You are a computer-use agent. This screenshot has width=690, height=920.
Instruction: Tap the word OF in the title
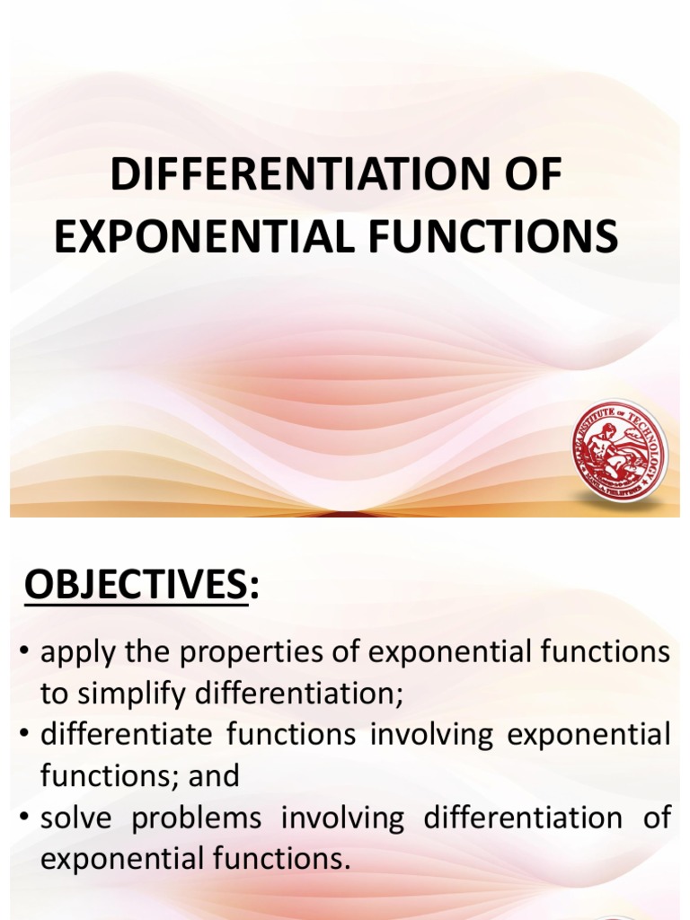point(530,174)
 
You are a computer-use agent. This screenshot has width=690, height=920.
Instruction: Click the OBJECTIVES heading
point(135,587)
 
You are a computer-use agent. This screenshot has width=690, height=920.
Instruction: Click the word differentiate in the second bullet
point(125,735)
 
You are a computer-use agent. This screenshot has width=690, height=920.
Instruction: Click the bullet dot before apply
point(23,653)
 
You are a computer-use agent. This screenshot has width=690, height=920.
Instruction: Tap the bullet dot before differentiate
point(23,735)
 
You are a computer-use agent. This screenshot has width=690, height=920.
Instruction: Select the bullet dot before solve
point(23,818)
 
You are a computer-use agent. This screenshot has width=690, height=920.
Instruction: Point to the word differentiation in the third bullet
point(523,818)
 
